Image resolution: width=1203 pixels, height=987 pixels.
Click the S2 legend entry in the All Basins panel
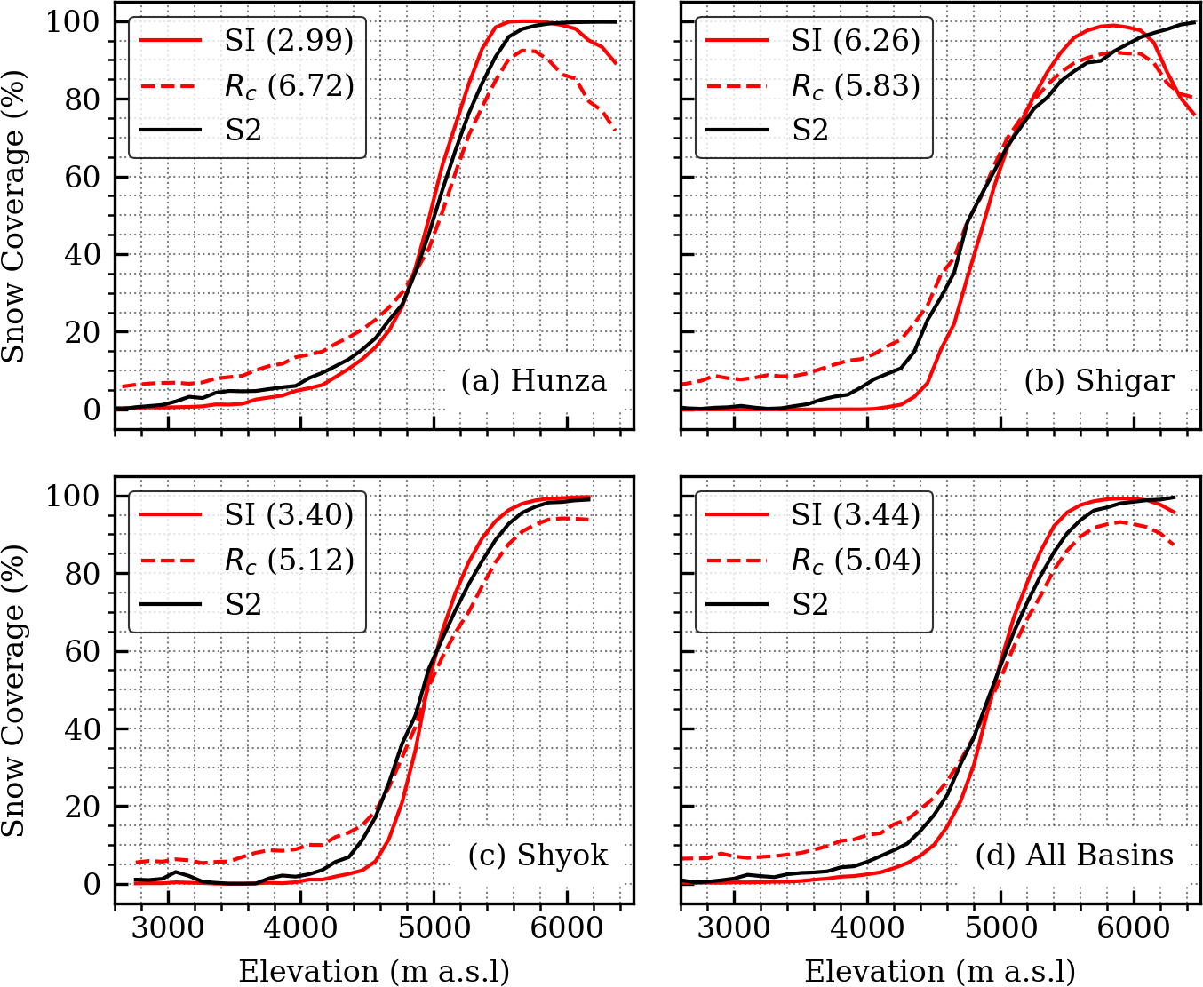pyautogui.click(x=810, y=605)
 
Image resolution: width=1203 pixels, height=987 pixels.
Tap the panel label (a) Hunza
pyautogui.click(x=533, y=381)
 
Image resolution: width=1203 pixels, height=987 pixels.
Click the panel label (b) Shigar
pyautogui.click(x=1098, y=381)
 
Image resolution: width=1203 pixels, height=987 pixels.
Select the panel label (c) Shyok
pyautogui.click(x=538, y=856)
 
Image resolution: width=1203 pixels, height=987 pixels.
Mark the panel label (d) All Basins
pyautogui.click(x=1074, y=856)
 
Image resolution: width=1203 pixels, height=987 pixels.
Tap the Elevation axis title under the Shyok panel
pyautogui.click(x=374, y=971)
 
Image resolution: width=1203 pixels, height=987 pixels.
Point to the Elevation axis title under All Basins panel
pyautogui.click(x=940, y=971)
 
